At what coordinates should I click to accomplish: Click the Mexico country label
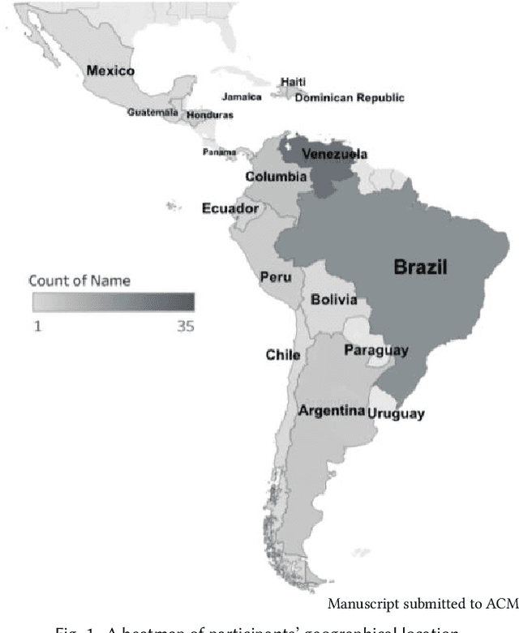click(x=110, y=71)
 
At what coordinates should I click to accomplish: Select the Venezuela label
click(x=334, y=154)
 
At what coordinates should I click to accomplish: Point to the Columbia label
click(x=276, y=177)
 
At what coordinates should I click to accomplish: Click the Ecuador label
click(x=230, y=208)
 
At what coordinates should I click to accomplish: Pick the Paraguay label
click(x=375, y=350)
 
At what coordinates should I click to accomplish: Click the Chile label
click(x=283, y=355)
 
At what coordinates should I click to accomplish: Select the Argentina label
click(x=331, y=411)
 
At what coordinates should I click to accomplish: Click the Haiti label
click(x=293, y=82)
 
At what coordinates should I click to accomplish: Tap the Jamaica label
click(x=242, y=97)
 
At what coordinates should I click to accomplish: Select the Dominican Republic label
click(x=349, y=98)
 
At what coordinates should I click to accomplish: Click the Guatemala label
click(x=152, y=113)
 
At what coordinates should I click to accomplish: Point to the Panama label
click(x=220, y=152)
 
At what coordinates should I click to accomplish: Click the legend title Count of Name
click(x=79, y=281)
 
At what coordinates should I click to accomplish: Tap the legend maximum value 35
click(x=184, y=327)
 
